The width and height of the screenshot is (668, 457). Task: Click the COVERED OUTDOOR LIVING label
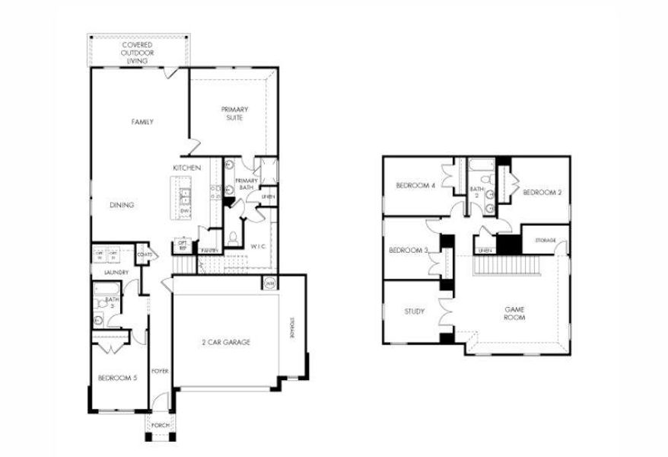click(x=137, y=53)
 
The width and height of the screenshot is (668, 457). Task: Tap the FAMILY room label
click(x=142, y=122)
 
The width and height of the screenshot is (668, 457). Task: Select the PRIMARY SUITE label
click(x=235, y=113)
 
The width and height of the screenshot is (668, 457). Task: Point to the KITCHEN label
click(x=186, y=168)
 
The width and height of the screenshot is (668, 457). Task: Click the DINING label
click(x=122, y=205)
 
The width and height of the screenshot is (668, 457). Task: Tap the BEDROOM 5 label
click(x=117, y=378)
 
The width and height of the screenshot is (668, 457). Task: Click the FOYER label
click(x=160, y=371)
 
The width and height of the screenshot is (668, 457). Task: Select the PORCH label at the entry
click(x=160, y=425)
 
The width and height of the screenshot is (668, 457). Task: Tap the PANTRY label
click(x=210, y=250)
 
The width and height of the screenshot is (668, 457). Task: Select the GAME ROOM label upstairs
click(x=515, y=313)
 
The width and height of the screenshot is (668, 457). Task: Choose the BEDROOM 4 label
click(x=415, y=186)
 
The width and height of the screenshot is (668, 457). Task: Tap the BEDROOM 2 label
click(x=542, y=193)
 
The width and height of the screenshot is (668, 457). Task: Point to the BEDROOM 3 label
click(x=409, y=251)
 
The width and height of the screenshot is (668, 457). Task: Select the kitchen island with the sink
click(x=183, y=199)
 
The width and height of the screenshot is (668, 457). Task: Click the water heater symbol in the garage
click(x=269, y=283)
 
